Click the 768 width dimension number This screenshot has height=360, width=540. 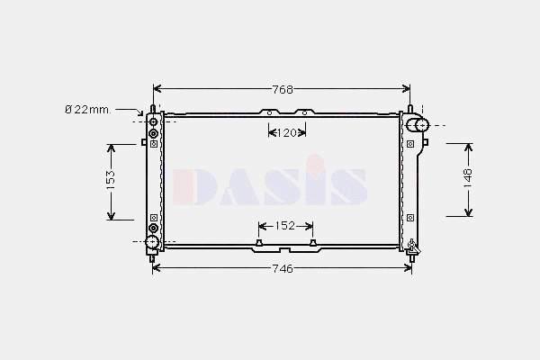pyautogui.click(x=283, y=90)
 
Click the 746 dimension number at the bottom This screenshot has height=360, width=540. pyautogui.click(x=283, y=268)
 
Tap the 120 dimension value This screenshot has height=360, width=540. pyautogui.click(x=286, y=132)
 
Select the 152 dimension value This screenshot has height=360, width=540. pyautogui.click(x=285, y=226)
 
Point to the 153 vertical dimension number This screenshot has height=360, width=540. pyautogui.click(x=111, y=179)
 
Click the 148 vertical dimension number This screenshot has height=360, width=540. pyautogui.click(x=468, y=178)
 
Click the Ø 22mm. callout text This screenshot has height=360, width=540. pyautogui.click(x=88, y=110)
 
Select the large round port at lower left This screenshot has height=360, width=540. pyautogui.click(x=152, y=242)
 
